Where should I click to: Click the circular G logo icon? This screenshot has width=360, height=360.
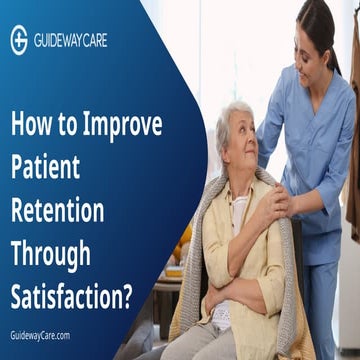19,39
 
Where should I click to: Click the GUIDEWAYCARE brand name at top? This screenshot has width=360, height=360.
70,40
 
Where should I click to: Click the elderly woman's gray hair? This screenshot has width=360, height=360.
232,118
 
